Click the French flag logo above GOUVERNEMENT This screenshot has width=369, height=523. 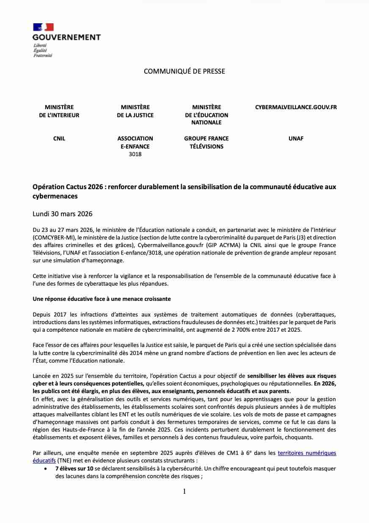(43, 27)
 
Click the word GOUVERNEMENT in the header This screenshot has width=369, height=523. (67, 37)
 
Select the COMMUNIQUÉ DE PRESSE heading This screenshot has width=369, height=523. (184, 71)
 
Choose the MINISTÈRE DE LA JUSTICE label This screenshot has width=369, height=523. (135, 111)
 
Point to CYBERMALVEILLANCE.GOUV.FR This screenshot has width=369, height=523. (296, 107)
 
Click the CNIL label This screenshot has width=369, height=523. (59, 138)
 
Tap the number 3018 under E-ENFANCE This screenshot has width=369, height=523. (135, 154)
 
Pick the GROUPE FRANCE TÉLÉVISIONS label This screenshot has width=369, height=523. (206, 142)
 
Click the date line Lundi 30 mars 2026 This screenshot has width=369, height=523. (62, 214)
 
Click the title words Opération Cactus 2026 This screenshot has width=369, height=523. (68, 187)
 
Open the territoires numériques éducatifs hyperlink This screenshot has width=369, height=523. (307, 453)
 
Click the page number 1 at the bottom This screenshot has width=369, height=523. (184, 491)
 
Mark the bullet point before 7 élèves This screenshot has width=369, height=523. (45, 468)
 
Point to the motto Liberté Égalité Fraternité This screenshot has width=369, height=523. (42, 50)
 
